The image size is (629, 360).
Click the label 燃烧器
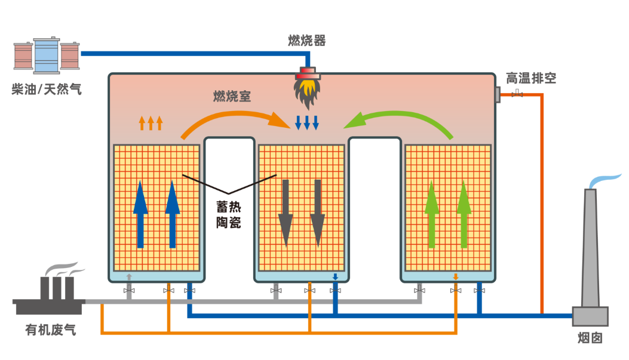tap(306, 40)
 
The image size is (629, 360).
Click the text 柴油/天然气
tap(46, 90)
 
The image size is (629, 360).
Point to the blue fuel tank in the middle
tap(47, 56)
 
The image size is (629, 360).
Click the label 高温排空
tap(531, 78)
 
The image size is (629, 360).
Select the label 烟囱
tap(590, 337)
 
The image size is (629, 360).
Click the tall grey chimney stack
tap(590, 257)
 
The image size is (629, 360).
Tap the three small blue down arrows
tap(307, 122)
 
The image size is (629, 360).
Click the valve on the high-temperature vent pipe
tap(518, 94)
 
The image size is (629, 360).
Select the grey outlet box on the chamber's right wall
tap(497, 94)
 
